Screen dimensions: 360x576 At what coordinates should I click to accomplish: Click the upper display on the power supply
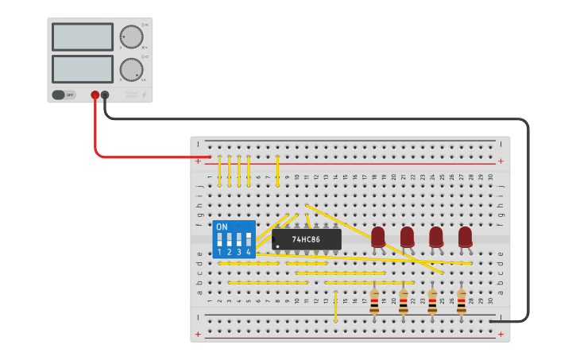point(83,37)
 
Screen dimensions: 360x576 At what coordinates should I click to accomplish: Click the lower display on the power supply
point(83,68)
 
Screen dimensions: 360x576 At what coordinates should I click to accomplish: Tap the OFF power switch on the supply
point(64,95)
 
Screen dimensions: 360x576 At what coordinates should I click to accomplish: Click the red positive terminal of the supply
point(95,95)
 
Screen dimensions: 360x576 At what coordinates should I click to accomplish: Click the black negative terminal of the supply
point(105,95)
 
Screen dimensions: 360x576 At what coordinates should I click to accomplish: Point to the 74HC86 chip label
point(306,239)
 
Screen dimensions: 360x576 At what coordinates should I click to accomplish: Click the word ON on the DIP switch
point(222,226)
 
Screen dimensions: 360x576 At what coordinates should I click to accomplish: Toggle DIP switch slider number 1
point(220,238)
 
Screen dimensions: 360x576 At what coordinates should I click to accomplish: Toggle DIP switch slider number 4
point(249,238)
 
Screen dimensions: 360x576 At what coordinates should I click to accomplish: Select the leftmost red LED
point(378,236)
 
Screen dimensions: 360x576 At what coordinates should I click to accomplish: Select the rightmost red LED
point(465,236)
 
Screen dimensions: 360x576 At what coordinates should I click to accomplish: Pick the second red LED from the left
point(407,236)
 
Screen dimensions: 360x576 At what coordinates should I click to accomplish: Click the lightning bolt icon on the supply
point(143,95)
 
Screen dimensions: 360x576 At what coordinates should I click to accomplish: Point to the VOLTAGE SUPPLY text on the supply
point(131,95)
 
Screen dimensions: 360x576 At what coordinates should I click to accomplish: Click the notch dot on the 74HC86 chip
point(277,246)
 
